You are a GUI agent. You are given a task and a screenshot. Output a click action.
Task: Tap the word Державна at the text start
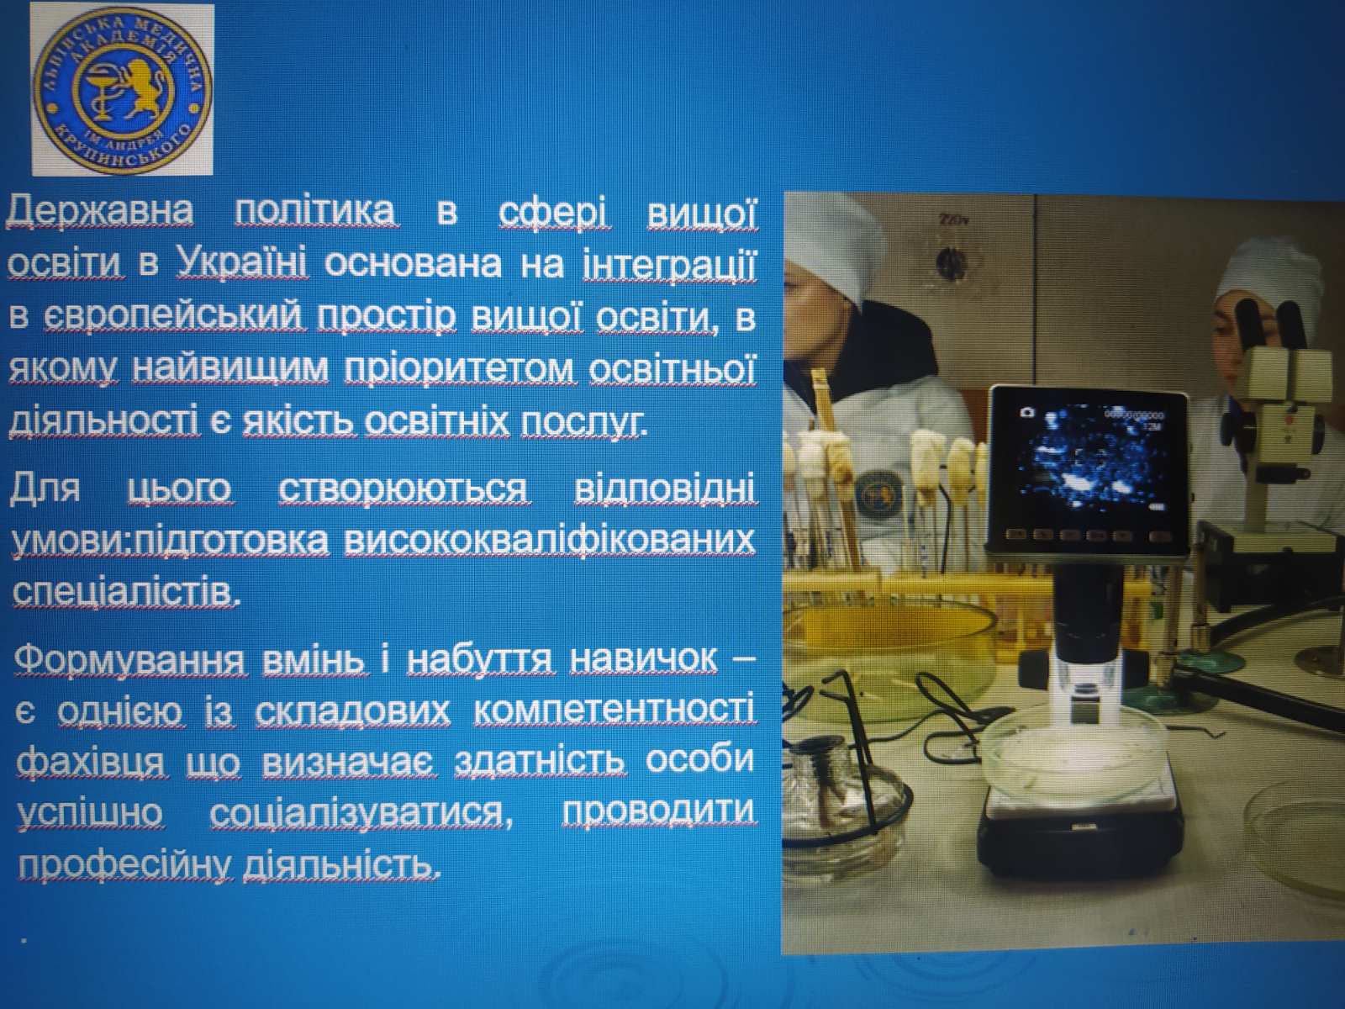(101, 211)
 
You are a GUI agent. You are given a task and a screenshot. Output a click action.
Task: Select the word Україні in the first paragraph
(242, 263)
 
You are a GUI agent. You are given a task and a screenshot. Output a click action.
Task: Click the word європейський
(173, 318)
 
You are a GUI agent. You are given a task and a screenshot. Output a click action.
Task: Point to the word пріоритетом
(461, 370)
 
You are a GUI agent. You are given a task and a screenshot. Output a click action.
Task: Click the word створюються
(404, 490)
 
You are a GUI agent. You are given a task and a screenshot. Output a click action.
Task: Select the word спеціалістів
(125, 592)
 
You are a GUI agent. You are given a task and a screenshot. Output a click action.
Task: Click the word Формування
(130, 660)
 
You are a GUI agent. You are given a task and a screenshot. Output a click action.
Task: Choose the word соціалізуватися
(361, 812)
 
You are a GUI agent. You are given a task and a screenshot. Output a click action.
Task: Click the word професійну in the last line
(125, 866)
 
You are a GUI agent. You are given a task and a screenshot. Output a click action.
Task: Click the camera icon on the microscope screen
(1027, 412)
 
